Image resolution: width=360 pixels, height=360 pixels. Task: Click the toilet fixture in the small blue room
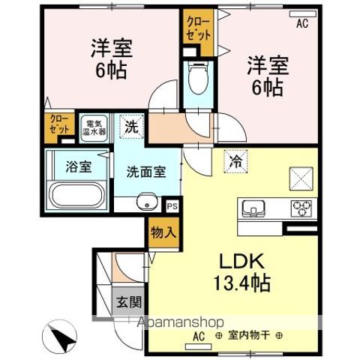(x=198, y=79)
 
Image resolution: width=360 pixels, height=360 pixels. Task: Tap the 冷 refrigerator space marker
(x=235, y=160)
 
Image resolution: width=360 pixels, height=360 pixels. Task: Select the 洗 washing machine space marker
(x=131, y=127)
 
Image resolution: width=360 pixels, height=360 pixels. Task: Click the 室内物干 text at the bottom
(x=256, y=336)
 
